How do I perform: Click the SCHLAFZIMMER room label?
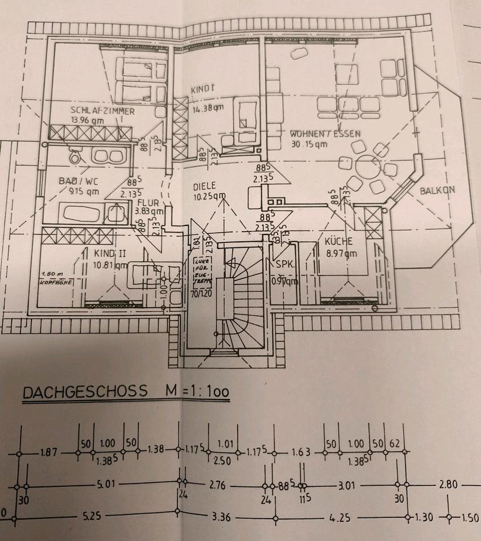click(x=103, y=111)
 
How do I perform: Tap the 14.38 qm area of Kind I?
click(x=207, y=109)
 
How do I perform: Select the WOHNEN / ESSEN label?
click(x=325, y=134)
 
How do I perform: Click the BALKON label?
click(x=437, y=190)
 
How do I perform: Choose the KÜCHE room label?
click(x=338, y=242)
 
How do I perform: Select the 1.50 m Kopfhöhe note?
click(x=55, y=278)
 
